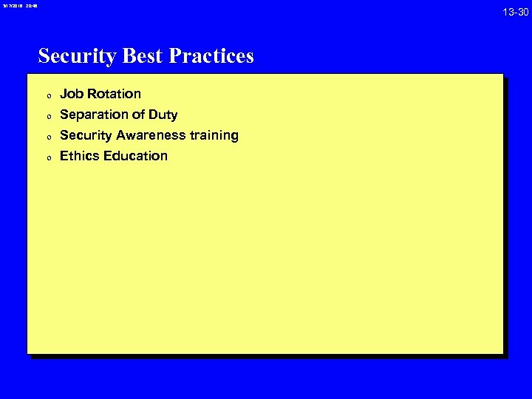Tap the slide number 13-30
coord(515,11)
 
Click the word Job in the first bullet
coord(72,94)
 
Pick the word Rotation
coord(114,94)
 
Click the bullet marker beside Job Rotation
coord(47,95)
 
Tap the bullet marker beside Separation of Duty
coord(47,116)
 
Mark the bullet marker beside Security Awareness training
coord(47,137)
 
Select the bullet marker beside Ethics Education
coord(47,157)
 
